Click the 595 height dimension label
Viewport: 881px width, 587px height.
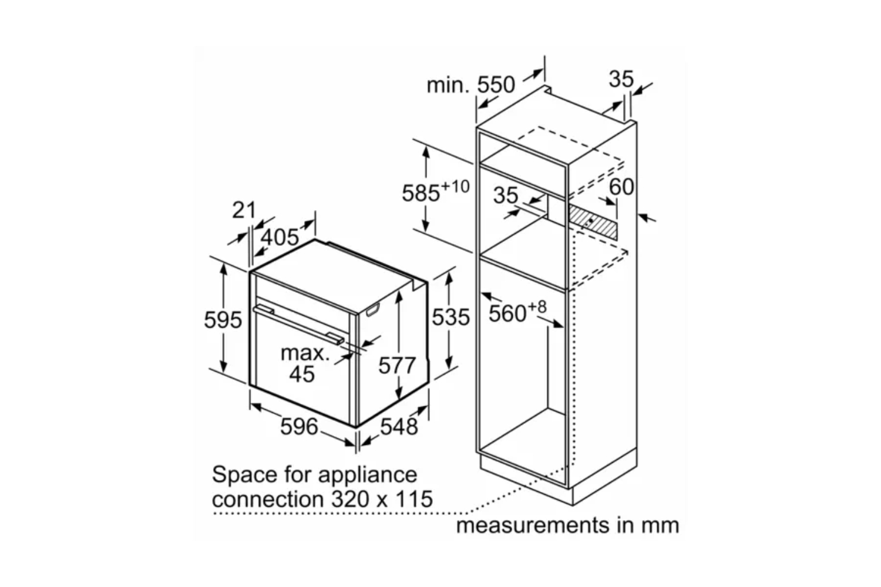[x=223, y=320]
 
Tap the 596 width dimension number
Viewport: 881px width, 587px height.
[x=299, y=427]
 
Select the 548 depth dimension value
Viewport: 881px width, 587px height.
[x=399, y=427]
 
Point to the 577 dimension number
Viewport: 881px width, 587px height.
[x=396, y=365]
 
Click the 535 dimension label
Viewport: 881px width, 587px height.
[x=451, y=318]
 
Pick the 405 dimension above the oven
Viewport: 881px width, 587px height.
[x=280, y=237]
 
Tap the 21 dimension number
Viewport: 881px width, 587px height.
[x=244, y=210]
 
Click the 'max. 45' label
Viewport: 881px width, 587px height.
[x=304, y=364]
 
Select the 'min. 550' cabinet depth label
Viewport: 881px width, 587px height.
[x=470, y=85]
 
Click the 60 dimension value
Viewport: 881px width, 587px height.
[x=621, y=187]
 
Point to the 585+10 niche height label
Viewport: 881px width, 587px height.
[x=435, y=191]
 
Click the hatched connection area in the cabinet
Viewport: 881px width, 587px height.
[x=591, y=222]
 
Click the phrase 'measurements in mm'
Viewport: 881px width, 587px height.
[x=567, y=524]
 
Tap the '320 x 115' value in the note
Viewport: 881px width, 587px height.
[x=382, y=499]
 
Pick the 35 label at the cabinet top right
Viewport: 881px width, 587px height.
[x=621, y=79]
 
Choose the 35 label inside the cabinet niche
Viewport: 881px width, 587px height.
[x=506, y=195]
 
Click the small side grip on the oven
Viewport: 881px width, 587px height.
[x=372, y=311]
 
